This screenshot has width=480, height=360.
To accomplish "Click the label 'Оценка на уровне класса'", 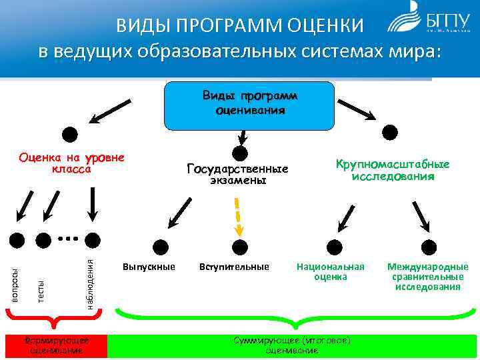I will tap(72, 163).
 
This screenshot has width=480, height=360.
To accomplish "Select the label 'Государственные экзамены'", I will tap(237, 174).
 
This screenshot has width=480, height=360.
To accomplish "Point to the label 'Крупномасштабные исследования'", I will tap(393, 170).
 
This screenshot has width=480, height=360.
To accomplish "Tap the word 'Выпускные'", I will tap(149, 267).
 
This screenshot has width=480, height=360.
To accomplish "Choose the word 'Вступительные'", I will tap(234, 267).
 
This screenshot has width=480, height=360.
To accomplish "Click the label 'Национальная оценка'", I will tap(331, 271).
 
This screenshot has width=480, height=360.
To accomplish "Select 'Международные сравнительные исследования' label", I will tap(427, 276).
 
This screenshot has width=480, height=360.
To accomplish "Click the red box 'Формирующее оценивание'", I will tap(55, 345).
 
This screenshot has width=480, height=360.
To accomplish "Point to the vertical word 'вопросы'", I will tap(16, 285).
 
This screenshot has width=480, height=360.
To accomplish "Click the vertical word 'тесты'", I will tap(41, 291).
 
